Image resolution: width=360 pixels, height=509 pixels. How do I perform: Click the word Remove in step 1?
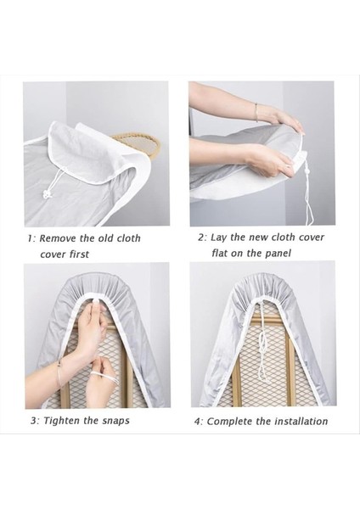pos(58,238)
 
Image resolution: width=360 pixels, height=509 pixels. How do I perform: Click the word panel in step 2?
pos(278,253)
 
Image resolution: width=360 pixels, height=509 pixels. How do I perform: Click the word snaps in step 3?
pos(116,421)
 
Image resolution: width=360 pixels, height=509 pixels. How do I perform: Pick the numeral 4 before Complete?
pos(197,422)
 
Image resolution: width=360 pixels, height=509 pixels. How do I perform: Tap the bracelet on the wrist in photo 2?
pos(256,112)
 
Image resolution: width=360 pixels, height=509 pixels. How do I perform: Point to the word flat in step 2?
pos(219,253)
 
